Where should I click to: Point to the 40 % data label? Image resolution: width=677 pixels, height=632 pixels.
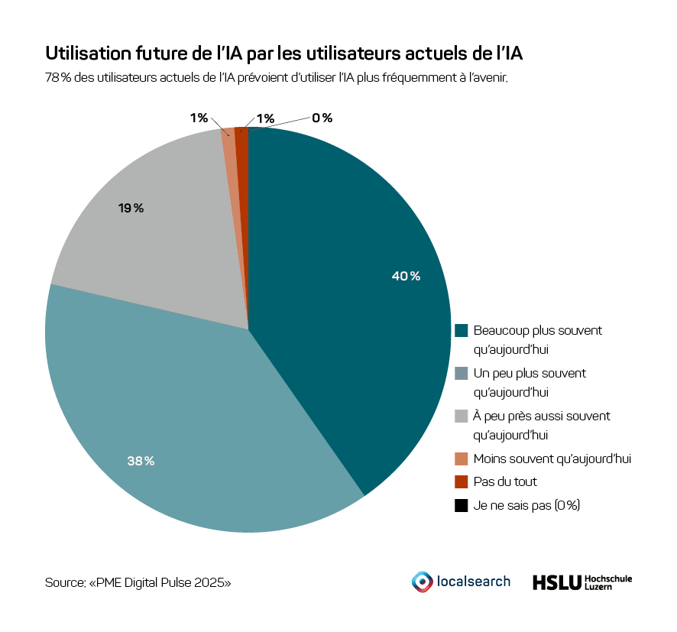406,276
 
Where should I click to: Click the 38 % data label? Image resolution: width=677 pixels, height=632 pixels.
141,461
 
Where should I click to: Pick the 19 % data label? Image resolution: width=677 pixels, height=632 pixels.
131,208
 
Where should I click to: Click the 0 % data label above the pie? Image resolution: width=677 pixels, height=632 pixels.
322,118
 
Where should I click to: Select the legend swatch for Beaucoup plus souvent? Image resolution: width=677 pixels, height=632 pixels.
461,331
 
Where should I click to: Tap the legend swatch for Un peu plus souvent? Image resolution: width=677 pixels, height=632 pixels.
461,374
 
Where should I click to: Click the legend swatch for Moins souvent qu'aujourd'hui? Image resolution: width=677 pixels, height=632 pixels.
461,459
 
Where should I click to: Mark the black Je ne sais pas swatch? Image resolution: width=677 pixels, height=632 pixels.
461,505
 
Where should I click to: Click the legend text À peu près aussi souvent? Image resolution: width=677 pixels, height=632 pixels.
542,416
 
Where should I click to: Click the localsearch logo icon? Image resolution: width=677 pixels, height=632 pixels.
421,582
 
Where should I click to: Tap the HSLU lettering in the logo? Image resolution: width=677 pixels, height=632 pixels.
556,582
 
